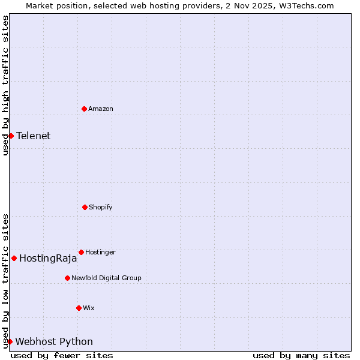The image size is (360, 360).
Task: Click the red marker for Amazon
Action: tap(84, 109)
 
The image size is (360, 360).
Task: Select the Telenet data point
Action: tap(11, 136)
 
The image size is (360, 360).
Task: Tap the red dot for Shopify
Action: tap(85, 207)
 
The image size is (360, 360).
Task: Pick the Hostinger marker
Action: tap(81, 252)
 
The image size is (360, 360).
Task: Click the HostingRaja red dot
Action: tap(14, 258)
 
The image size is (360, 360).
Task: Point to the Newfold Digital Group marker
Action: tap(67, 278)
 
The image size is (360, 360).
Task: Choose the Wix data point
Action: tap(79, 308)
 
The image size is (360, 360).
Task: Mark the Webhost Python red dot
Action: tap(10, 341)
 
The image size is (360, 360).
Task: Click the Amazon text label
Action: tap(101, 109)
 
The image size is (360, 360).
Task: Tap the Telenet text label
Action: tap(34, 136)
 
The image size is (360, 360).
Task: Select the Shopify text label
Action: tap(101, 207)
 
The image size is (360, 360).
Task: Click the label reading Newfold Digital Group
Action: tap(106, 278)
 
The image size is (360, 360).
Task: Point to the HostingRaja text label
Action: tap(48, 259)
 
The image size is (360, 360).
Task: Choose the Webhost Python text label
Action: tap(54, 341)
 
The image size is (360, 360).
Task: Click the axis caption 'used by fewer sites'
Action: tap(62, 355)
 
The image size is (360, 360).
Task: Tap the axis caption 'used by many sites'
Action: tap(301, 355)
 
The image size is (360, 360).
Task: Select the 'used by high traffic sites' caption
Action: tap(5, 85)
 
